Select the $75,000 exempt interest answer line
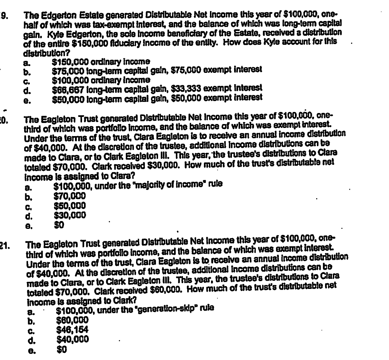click(x=157, y=71)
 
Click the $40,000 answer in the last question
click(x=71, y=336)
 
